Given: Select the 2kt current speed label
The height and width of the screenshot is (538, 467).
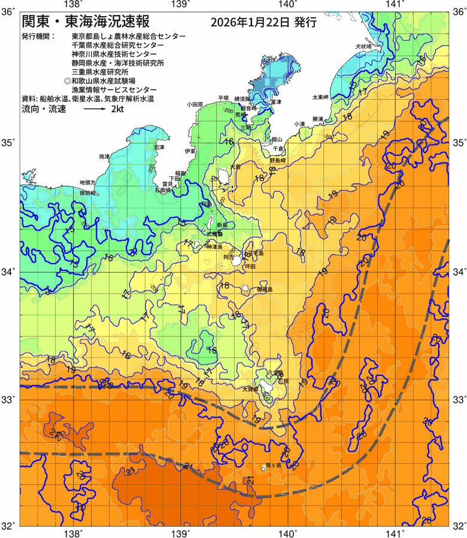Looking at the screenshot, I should (x=118, y=110).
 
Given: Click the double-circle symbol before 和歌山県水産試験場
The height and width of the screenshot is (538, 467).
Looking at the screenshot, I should (x=67, y=80).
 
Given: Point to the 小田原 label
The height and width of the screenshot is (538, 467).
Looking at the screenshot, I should (x=195, y=104).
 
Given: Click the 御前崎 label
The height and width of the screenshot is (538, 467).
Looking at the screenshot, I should (x=87, y=193).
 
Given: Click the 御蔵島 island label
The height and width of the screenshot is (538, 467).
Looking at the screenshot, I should (x=264, y=289).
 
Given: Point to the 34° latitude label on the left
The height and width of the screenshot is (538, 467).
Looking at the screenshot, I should (x=10, y=271).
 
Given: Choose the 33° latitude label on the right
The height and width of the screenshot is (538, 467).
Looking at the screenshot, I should (x=457, y=399).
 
